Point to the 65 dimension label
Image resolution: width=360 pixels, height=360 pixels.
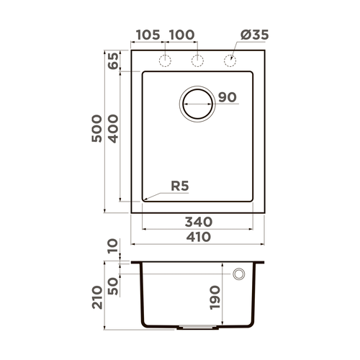click(x=113, y=61)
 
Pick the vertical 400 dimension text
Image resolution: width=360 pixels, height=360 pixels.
click(x=113, y=130)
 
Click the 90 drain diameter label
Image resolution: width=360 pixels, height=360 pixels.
click(x=227, y=97)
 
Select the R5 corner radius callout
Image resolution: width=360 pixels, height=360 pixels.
click(x=180, y=186)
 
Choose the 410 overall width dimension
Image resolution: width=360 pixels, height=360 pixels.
click(x=198, y=237)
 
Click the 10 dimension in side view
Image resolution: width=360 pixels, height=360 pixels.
click(x=113, y=248)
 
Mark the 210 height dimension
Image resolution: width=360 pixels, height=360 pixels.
click(x=96, y=295)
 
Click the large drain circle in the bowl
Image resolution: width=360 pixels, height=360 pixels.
click(x=197, y=103)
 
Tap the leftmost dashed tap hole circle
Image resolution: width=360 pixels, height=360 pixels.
click(x=165, y=60)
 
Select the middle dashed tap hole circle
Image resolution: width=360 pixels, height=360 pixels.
click(x=196, y=60)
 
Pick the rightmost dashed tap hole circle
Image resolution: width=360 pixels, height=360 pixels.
click(x=231, y=60)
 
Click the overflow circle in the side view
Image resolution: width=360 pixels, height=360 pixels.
click(x=239, y=274)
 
